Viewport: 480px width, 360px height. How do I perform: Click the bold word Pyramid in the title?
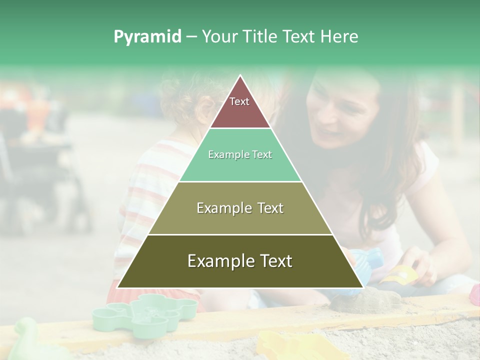coord(147,37)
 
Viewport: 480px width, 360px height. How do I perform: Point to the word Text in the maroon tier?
coord(239,101)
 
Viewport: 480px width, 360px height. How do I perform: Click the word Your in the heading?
coord(218,37)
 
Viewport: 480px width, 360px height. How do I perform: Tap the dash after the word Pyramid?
coord(191,37)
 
